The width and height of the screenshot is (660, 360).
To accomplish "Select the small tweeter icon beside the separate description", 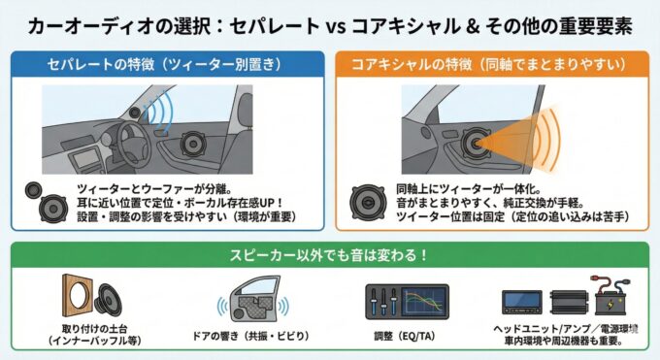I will (33, 190).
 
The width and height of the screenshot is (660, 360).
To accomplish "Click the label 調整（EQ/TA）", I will (407, 336).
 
